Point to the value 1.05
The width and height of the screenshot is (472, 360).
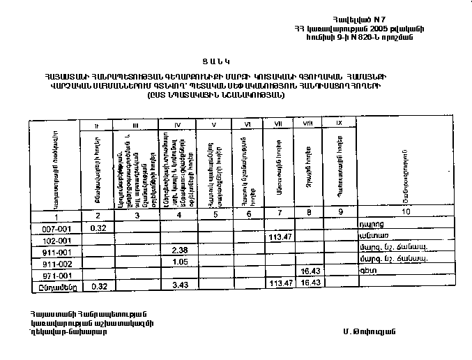(181, 262)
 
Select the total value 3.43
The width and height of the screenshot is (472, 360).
(181, 285)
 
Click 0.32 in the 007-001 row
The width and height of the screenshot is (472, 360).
(98, 227)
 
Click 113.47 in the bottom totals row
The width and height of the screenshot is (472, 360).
(279, 284)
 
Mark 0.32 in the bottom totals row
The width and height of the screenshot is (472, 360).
(98, 285)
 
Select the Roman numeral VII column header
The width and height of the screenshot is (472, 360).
(278, 124)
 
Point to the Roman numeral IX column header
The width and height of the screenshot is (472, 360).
(340, 124)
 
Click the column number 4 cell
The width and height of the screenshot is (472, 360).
(180, 216)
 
